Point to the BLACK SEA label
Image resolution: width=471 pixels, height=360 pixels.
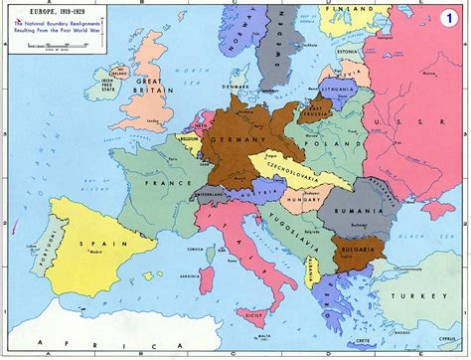429,238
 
